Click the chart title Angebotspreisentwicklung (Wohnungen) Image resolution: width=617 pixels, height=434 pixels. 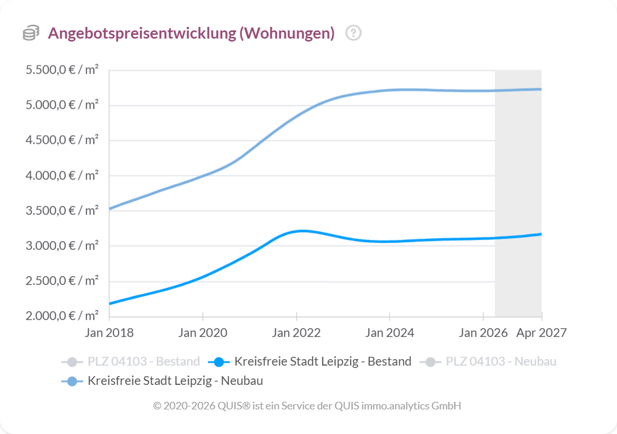(191, 33)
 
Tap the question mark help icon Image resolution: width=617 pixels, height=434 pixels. (353, 33)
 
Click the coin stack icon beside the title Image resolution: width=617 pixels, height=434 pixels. (31, 33)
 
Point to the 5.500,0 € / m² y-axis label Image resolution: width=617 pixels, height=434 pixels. (62, 70)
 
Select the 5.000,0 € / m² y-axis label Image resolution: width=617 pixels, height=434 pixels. (62, 105)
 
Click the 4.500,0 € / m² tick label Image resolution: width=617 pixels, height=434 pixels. (62, 140)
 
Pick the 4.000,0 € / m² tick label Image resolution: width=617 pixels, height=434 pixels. (62, 175)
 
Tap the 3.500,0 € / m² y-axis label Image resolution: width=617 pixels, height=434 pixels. (62, 211)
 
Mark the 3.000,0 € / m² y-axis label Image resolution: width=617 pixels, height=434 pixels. (62, 246)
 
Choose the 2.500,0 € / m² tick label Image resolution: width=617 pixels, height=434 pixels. (62, 281)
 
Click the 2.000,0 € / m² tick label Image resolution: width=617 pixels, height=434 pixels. (62, 316)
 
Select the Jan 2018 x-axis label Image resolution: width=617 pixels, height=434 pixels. (109, 333)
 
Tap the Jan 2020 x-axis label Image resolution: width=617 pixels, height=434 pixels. (203, 333)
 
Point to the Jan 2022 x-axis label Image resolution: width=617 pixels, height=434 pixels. (296, 333)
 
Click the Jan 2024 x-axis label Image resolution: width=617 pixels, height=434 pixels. (390, 333)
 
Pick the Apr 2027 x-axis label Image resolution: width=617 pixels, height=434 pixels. (541, 333)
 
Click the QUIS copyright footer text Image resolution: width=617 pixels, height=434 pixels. (307, 405)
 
